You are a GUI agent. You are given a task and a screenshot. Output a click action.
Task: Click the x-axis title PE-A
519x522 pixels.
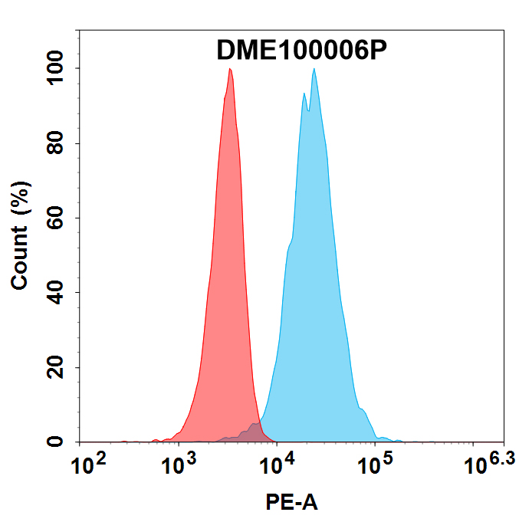click(291, 503)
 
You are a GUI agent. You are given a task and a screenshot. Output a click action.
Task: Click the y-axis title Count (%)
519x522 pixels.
click(21, 235)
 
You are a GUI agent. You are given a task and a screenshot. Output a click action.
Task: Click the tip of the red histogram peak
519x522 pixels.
click(230, 69)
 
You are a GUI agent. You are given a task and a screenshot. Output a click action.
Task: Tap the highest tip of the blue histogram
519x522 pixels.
click(314, 69)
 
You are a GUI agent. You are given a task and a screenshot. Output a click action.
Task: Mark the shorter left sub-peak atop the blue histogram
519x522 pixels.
click(304, 94)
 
